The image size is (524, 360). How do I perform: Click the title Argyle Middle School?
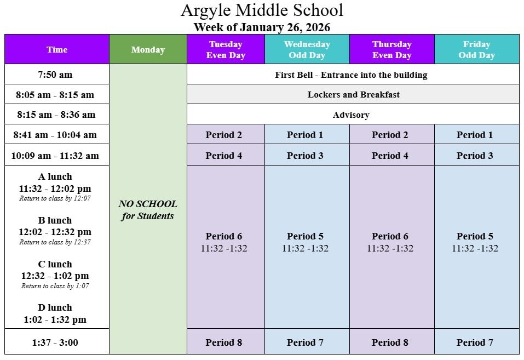(x=262, y=10)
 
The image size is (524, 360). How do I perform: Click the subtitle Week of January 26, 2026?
(x=262, y=27)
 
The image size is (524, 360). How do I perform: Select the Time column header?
(x=57, y=49)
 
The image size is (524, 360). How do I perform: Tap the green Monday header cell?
(x=148, y=49)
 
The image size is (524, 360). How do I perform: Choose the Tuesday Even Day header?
(x=226, y=49)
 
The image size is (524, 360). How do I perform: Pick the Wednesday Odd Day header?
(x=307, y=49)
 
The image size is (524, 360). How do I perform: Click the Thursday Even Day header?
(x=392, y=49)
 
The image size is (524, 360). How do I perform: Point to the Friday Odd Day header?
(x=476, y=49)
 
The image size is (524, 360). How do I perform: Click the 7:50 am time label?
(x=55, y=75)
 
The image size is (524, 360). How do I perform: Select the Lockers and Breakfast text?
(x=353, y=94)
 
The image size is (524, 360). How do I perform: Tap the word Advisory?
(x=351, y=115)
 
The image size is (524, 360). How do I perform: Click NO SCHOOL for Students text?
(x=148, y=210)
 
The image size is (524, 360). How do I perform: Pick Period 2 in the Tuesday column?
(x=224, y=135)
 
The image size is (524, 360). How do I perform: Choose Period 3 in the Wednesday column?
(x=305, y=156)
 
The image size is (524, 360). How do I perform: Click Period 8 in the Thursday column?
(x=390, y=342)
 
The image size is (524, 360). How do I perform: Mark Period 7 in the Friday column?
(x=475, y=342)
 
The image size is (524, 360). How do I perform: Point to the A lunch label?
(x=55, y=176)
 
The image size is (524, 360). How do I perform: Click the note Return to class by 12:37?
(x=55, y=242)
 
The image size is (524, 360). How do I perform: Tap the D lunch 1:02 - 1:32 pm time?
(x=55, y=319)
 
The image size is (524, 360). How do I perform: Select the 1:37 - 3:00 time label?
(x=55, y=342)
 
